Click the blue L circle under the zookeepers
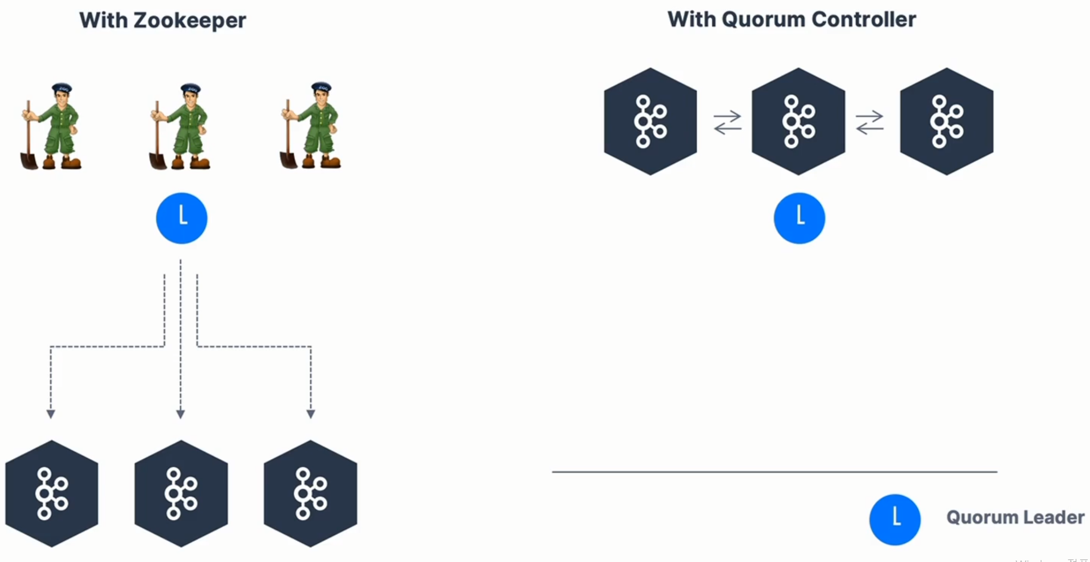click(x=181, y=218)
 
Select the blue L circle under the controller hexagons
click(x=799, y=218)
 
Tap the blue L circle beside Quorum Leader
click(x=895, y=519)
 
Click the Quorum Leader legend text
click(x=1015, y=517)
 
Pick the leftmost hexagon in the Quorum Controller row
click(x=651, y=121)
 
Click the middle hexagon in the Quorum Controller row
click(x=798, y=121)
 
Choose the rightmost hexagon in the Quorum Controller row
click(x=947, y=121)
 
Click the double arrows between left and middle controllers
click(x=727, y=123)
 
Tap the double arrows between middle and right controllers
click(x=869, y=123)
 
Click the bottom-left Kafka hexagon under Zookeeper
click(x=52, y=494)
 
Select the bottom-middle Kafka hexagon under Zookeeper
click(x=181, y=494)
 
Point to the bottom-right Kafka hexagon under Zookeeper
click(x=310, y=494)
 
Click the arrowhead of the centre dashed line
click(x=181, y=414)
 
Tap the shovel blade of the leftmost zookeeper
click(x=29, y=161)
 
